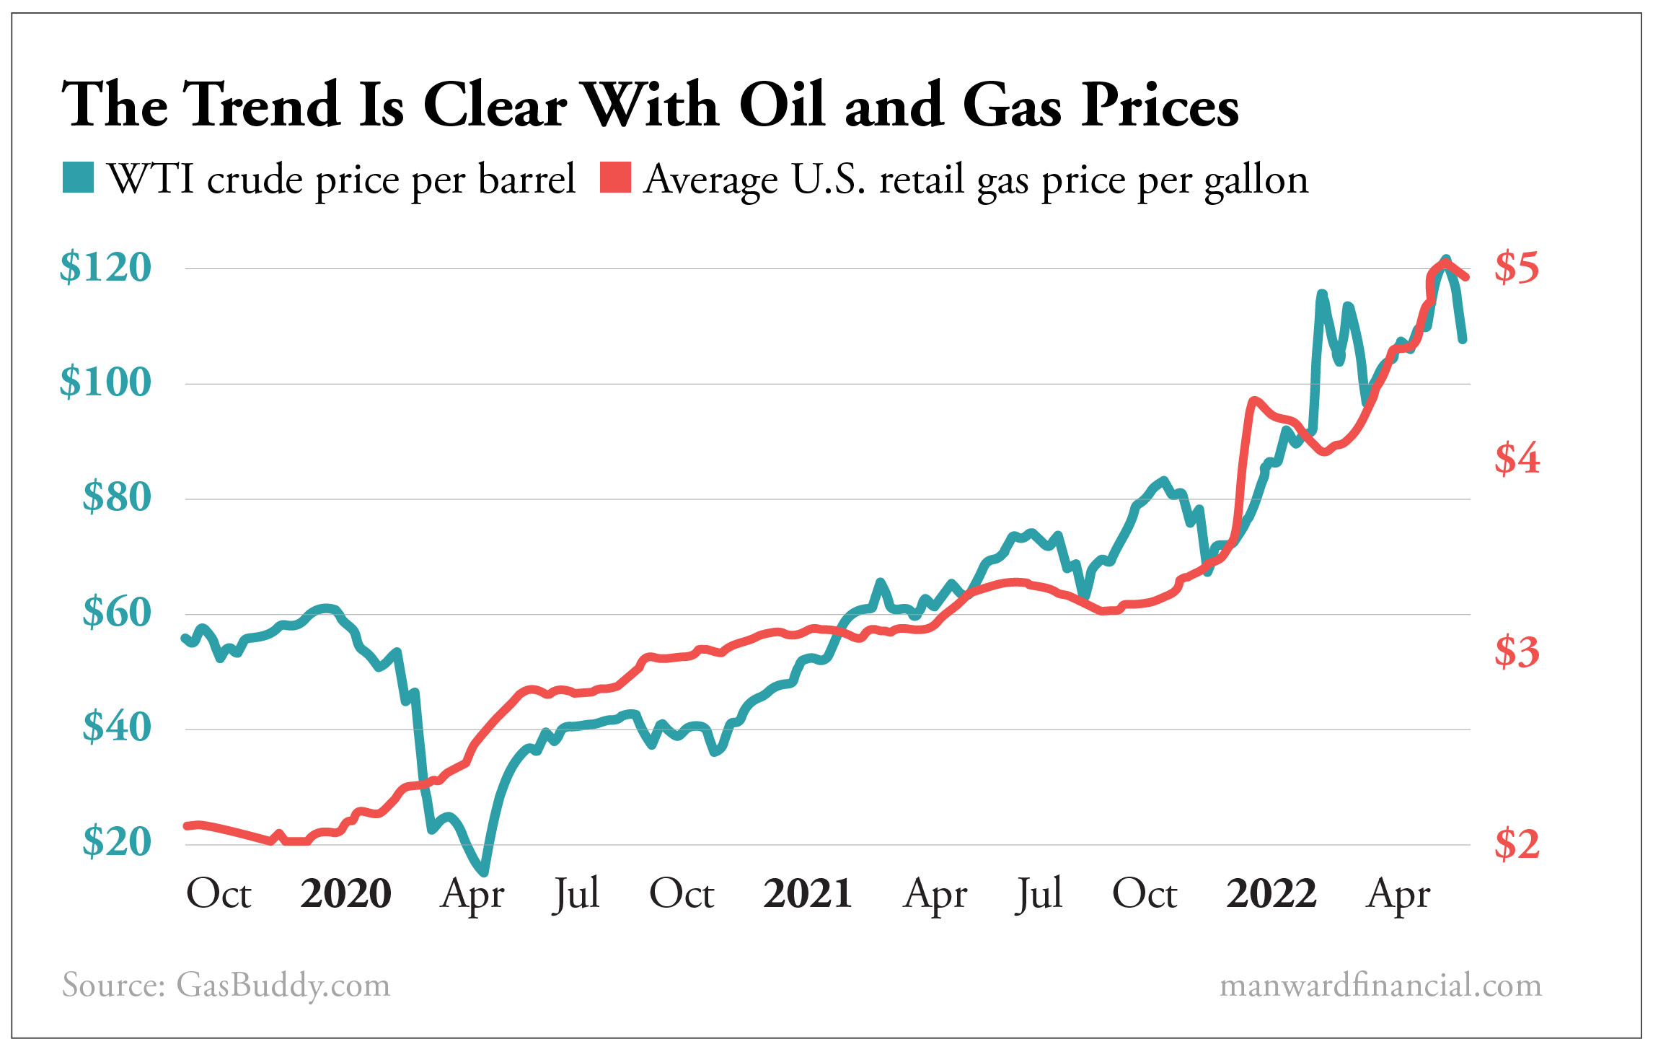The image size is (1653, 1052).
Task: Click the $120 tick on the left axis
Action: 105,268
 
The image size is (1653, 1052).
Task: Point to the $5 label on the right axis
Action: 1516,268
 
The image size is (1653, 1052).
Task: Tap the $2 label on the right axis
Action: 1516,843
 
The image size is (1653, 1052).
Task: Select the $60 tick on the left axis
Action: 117,613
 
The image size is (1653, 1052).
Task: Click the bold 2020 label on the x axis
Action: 345,894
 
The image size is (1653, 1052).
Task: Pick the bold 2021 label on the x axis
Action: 808,894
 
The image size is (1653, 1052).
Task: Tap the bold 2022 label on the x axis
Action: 1271,894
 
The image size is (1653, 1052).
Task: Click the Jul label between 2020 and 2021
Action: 576,894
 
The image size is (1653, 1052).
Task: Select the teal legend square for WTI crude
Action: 78,177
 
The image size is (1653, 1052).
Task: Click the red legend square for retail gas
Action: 615,177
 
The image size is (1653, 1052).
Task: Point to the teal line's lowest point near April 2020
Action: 482,872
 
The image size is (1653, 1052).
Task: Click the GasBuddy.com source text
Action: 283,985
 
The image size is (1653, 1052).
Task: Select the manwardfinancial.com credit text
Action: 1380,985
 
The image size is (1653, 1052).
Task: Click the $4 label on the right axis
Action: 1516,459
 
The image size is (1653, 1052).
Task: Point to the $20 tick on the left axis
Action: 117,842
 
